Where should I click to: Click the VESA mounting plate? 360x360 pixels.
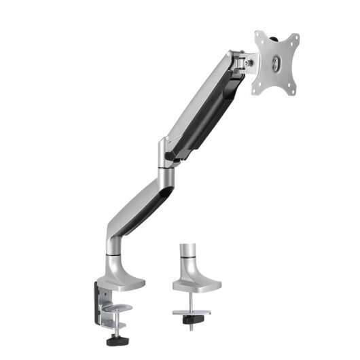click(276, 62)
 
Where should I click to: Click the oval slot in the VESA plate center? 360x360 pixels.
click(276, 63)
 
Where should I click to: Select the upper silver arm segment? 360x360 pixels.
click(200, 102)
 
